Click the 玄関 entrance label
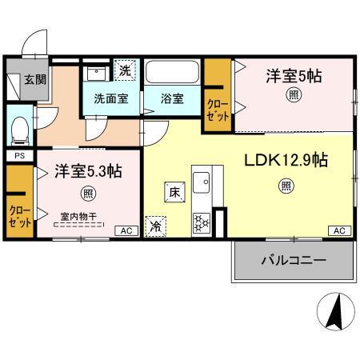pyautogui.click(x=34, y=79)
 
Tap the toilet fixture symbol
pyautogui.click(x=20, y=128)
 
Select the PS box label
pyautogui.click(x=18, y=156)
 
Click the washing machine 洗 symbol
pyautogui.click(x=125, y=70)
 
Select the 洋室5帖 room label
pyautogui.click(x=294, y=76)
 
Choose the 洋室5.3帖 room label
pyautogui.click(x=87, y=172)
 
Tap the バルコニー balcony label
pyautogui.click(x=293, y=261)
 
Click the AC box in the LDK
pyautogui.click(x=338, y=231)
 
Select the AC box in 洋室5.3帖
pyautogui.click(x=126, y=231)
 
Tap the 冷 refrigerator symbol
pyautogui.click(x=155, y=226)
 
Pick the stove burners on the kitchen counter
pyautogui.click(x=200, y=221)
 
